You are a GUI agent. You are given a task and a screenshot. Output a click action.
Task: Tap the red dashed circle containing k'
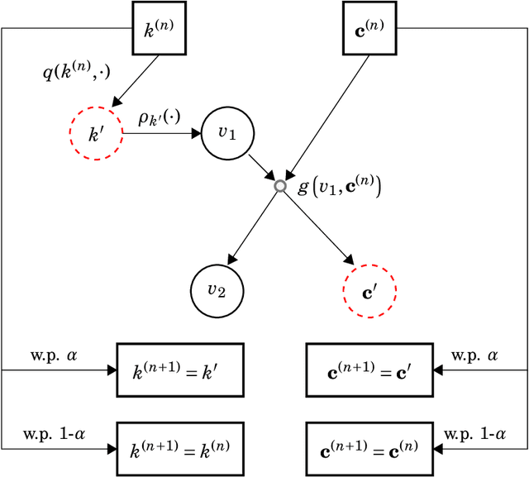click(x=96, y=131)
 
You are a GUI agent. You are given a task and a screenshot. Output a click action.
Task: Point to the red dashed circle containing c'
click(x=369, y=291)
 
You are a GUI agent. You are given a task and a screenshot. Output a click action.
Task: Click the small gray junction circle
click(x=280, y=187)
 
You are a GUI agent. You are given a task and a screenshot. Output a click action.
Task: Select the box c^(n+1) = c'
click(x=369, y=370)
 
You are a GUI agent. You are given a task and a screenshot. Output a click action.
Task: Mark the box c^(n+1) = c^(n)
click(x=369, y=448)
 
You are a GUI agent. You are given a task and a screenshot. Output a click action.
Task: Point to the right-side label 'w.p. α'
click(x=475, y=355)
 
